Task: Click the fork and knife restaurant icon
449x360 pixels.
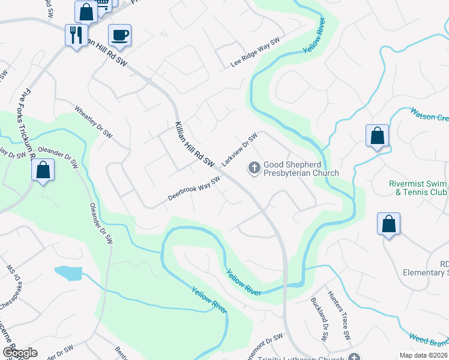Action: tap(76, 35)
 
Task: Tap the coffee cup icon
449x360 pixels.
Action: tap(119, 35)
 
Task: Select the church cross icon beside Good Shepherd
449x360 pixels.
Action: tap(254, 169)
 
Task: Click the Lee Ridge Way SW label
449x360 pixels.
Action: tap(256, 53)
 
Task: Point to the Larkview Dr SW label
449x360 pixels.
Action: tap(239, 149)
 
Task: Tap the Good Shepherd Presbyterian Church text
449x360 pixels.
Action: tap(301, 169)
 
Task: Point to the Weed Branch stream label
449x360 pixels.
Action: tap(429, 341)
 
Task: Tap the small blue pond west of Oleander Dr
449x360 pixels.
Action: tap(68, 273)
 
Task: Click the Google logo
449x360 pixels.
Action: tap(20, 353)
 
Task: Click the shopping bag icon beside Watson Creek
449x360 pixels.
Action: tap(377, 136)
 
